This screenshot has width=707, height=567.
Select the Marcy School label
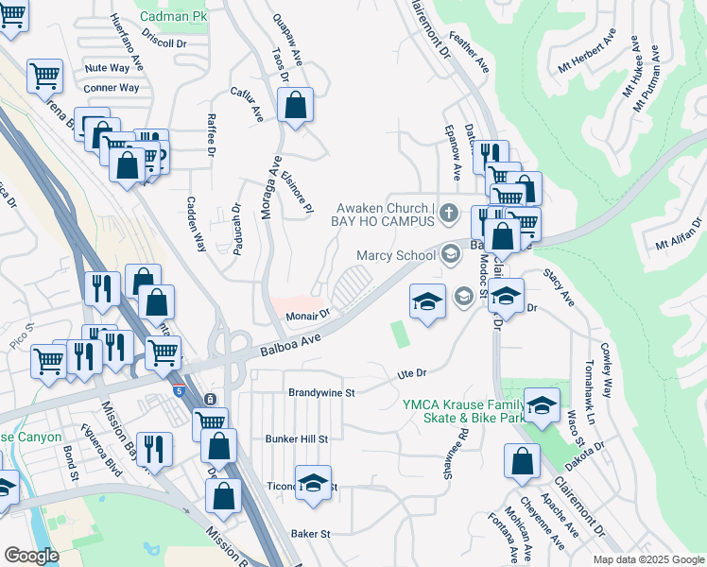tap(395, 255)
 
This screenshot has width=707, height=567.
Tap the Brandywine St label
tap(320, 391)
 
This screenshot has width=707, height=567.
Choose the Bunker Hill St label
tap(296, 438)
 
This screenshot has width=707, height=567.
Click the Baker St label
tap(311, 533)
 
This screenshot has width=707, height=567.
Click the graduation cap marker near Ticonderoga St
tap(313, 482)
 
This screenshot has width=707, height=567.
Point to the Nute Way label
tap(107, 68)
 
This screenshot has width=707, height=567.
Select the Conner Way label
tap(111, 88)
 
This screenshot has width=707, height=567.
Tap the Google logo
tap(30, 556)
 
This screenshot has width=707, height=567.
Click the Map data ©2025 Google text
tap(647, 559)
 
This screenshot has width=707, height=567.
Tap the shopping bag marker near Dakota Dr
tap(522, 463)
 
